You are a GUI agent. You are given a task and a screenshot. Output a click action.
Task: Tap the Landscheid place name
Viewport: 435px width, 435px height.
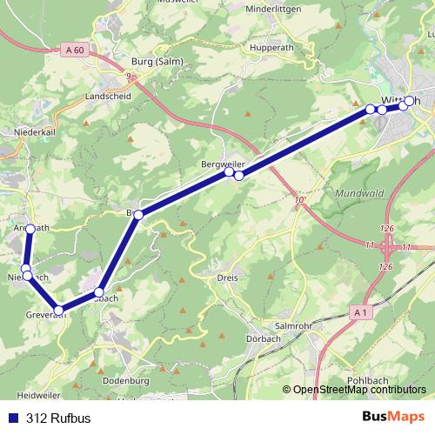click(x=108, y=95)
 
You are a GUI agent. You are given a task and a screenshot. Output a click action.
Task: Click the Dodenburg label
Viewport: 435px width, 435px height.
click(x=128, y=380)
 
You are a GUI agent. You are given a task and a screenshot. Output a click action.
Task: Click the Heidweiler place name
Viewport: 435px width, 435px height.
click(x=32, y=394)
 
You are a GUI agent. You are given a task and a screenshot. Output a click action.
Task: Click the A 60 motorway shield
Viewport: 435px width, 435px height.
click(x=75, y=50)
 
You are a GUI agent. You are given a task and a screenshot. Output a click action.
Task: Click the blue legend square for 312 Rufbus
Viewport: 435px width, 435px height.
click(x=12, y=417)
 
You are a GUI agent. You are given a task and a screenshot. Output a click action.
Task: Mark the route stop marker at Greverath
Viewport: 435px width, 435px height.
click(x=58, y=311)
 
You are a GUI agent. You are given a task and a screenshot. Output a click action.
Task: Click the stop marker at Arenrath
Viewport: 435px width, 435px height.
click(x=30, y=229)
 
